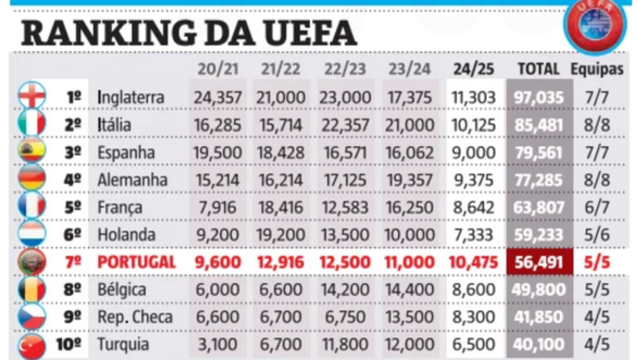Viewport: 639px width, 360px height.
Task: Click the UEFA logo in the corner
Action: [x=596, y=24]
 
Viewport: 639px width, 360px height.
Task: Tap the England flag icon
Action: [x=33, y=96]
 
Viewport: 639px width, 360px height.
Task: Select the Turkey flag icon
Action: [x=33, y=345]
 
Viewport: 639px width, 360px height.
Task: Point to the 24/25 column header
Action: [x=473, y=68]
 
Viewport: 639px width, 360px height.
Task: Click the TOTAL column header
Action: [x=538, y=68]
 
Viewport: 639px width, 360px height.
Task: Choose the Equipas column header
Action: [x=597, y=68]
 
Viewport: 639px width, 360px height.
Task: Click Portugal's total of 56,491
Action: [x=539, y=262]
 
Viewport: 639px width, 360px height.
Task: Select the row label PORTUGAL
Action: [x=136, y=262]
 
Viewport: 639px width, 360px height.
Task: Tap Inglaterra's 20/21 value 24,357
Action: [x=219, y=97]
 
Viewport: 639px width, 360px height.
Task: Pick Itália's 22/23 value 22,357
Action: [x=345, y=124]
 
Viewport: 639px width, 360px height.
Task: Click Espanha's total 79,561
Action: [x=539, y=152]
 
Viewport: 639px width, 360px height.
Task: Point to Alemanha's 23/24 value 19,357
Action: [x=409, y=179]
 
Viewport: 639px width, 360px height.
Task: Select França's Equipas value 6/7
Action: [x=597, y=207]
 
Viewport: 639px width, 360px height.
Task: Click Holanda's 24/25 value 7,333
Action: [x=474, y=235]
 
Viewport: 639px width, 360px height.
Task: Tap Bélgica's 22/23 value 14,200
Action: [x=345, y=290]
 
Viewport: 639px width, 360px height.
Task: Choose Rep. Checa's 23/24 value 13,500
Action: [x=409, y=318]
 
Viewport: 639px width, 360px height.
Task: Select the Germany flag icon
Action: [x=33, y=179]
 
